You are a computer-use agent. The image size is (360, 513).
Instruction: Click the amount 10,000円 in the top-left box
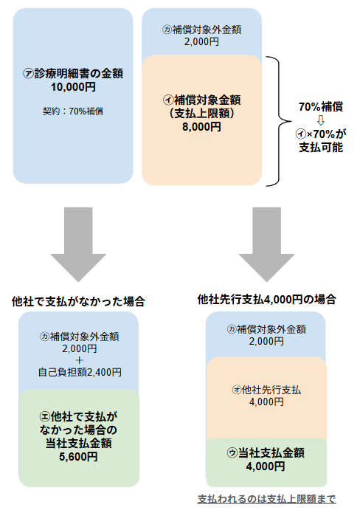(73, 87)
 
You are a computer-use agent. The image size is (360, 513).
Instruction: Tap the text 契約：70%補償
(73, 111)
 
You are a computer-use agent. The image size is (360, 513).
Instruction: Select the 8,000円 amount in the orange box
(201, 127)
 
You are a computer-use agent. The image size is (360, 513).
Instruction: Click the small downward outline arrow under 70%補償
(321, 120)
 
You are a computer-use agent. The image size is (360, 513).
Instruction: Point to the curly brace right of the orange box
(279, 121)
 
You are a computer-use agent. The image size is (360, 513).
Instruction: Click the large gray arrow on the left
(78, 244)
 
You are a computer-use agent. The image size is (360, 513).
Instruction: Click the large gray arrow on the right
(266, 244)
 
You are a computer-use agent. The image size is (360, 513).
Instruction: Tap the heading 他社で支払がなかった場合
(78, 301)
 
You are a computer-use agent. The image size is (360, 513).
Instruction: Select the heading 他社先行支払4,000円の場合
(266, 300)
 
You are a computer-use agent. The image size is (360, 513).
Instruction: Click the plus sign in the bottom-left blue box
(79, 360)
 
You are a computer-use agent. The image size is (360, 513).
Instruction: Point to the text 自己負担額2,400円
(80, 372)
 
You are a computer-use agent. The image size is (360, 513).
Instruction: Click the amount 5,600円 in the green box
(78, 456)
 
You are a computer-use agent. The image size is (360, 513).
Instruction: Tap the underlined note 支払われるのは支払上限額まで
(266, 499)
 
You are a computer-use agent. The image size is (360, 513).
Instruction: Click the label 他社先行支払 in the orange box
(271, 390)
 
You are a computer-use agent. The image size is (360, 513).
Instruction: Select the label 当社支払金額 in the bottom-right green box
(271, 452)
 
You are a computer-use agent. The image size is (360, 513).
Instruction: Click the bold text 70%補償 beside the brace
(321, 106)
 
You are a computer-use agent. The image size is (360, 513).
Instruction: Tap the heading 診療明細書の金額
(79, 74)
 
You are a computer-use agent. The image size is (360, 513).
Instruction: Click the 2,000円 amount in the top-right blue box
(201, 42)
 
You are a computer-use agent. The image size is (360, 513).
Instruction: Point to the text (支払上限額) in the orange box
(201, 113)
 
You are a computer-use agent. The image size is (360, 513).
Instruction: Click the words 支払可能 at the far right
(321, 147)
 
